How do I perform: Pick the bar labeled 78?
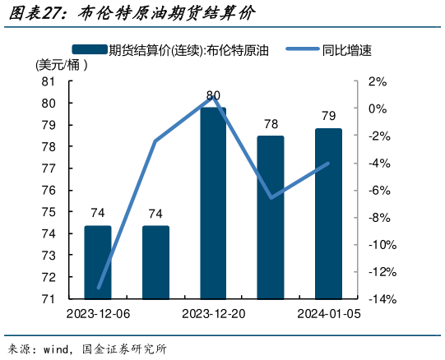[x=271, y=217]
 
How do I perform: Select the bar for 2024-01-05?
[x=328, y=214]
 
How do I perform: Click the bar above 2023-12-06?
[x=98, y=262]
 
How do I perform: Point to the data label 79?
[x=328, y=115]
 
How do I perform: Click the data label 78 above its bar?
[x=271, y=124]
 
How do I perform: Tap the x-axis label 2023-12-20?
[x=213, y=314]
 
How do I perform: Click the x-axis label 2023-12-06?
[x=98, y=314]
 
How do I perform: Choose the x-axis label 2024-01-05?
[x=328, y=314]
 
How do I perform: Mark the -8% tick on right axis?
[x=379, y=218]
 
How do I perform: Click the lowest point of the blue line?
[x=99, y=288]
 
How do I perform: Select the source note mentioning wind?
[x=86, y=348]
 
